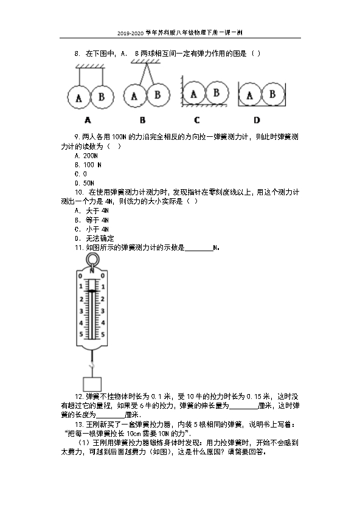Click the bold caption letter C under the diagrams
point(197,120)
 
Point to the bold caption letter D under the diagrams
point(257,120)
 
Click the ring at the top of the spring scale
point(92,254)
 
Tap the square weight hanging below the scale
point(92,384)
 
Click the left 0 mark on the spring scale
point(80,276)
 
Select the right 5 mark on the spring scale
point(103,334)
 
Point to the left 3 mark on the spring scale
point(81,311)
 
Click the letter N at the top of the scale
point(92,270)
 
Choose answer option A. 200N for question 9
point(86,156)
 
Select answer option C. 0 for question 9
point(81,174)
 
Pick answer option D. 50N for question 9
point(85,183)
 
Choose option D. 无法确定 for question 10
point(94,238)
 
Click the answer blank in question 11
point(199,250)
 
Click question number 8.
point(77,54)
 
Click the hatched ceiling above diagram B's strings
point(146,61)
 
